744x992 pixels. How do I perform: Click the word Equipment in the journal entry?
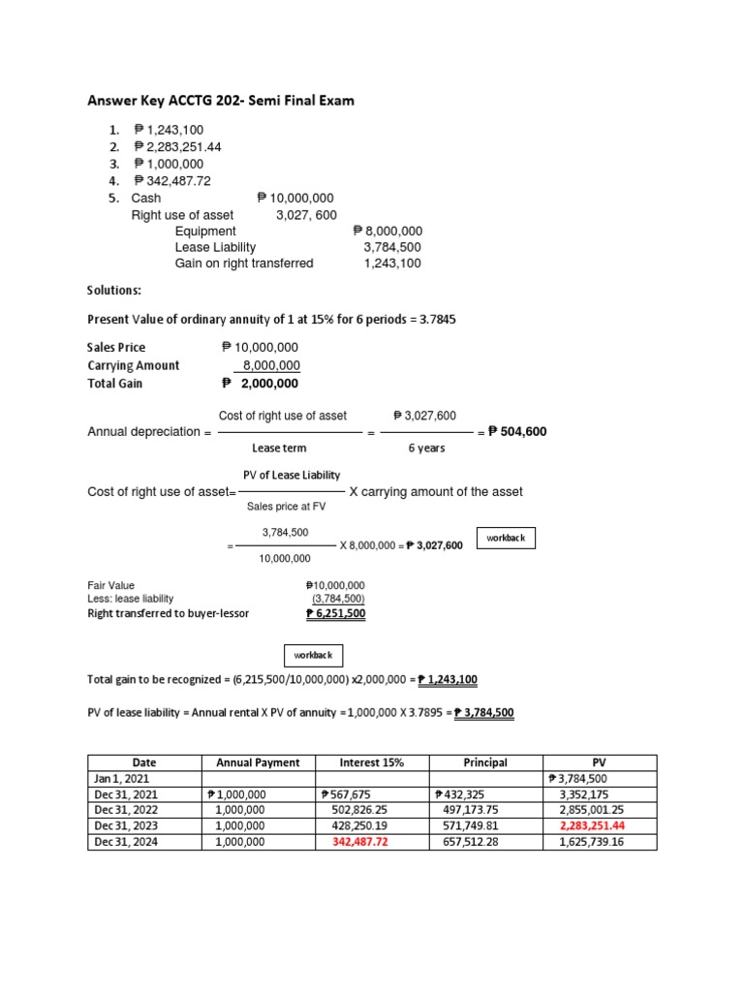click(204, 232)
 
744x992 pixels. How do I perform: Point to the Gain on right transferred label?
click(243, 263)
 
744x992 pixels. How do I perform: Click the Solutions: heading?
click(114, 291)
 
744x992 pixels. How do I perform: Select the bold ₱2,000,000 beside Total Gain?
click(261, 384)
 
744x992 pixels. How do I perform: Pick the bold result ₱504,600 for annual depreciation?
click(517, 432)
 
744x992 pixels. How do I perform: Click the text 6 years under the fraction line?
click(425, 449)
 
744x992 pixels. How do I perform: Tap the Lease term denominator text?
click(279, 449)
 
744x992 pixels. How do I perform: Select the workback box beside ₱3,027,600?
click(507, 539)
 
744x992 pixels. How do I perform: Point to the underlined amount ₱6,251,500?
click(335, 613)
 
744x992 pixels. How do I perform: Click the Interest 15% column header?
click(371, 762)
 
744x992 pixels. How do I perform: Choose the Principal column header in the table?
click(485, 762)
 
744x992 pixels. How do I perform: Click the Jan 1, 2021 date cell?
click(122, 778)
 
